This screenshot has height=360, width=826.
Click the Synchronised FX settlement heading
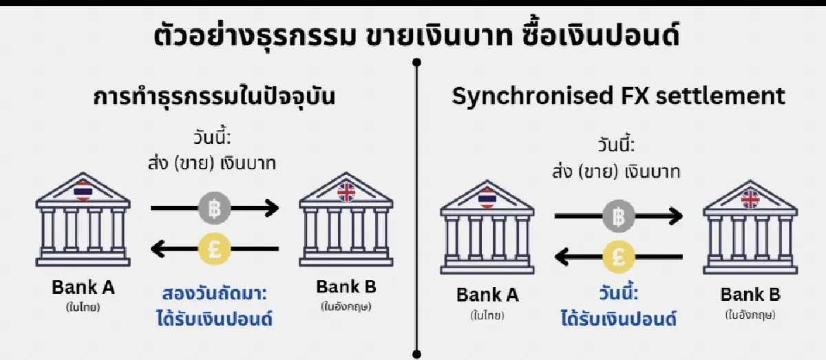tap(617, 96)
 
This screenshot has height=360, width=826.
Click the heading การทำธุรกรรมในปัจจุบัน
tap(214, 96)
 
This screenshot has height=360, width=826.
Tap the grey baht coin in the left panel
tap(214, 207)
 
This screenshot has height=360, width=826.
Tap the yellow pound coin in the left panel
tap(214, 248)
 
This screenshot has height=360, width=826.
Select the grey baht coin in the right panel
tap(618, 218)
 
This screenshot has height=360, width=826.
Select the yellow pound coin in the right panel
tap(618, 258)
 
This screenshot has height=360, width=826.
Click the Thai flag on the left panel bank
tap(83, 190)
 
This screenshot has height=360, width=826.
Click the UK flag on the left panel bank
tap(346, 191)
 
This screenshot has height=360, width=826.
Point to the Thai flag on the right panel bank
tap(487, 199)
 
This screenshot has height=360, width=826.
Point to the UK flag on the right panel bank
tap(750, 199)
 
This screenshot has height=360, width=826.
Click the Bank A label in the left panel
tap(83, 287)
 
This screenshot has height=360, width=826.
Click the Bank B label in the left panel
tap(346, 287)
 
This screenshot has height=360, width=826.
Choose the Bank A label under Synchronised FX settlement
tap(487, 296)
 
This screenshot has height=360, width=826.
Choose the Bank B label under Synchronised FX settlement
tap(750, 295)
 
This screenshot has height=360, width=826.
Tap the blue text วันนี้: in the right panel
tap(618, 295)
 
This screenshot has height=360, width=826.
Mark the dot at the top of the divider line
tap(416, 63)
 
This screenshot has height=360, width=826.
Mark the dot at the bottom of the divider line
tap(416, 353)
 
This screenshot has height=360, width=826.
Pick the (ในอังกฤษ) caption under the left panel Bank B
tap(346, 307)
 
